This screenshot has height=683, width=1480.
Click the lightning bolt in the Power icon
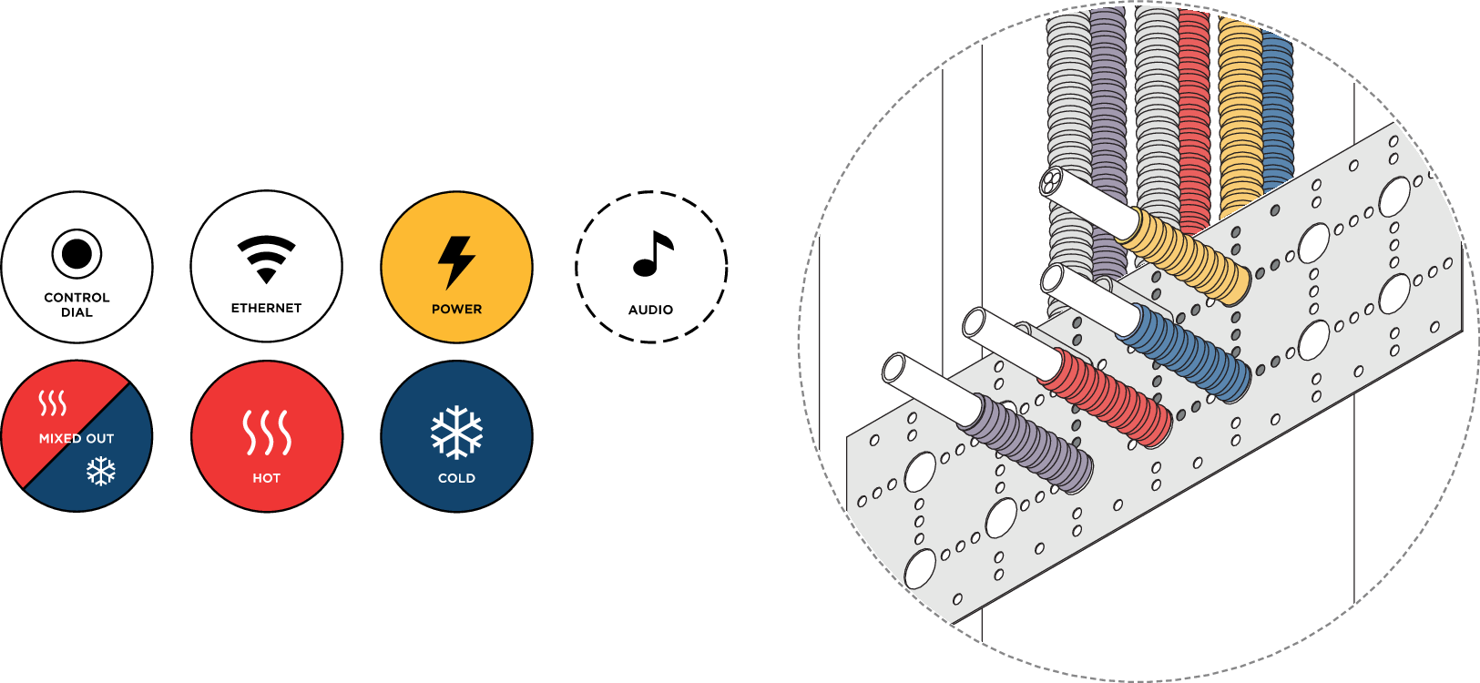click(x=456, y=261)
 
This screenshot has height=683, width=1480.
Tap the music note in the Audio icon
click(x=652, y=254)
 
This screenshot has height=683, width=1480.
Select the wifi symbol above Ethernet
click(x=266, y=258)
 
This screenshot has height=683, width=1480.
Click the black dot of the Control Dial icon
click(x=77, y=253)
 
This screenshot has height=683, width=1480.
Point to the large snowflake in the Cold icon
click(x=456, y=432)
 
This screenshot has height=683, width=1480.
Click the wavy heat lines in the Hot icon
click(x=267, y=432)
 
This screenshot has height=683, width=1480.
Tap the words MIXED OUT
click(x=77, y=439)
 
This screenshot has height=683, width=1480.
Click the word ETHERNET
click(x=266, y=309)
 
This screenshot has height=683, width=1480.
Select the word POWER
click(x=456, y=310)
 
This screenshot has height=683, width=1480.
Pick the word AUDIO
click(x=650, y=310)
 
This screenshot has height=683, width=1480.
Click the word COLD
click(x=456, y=478)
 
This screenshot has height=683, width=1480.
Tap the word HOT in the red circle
click(x=267, y=478)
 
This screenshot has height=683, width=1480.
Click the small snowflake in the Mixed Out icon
click(x=101, y=471)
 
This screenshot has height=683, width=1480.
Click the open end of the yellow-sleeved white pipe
click(x=1052, y=182)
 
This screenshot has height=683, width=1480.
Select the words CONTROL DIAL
click(x=77, y=305)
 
